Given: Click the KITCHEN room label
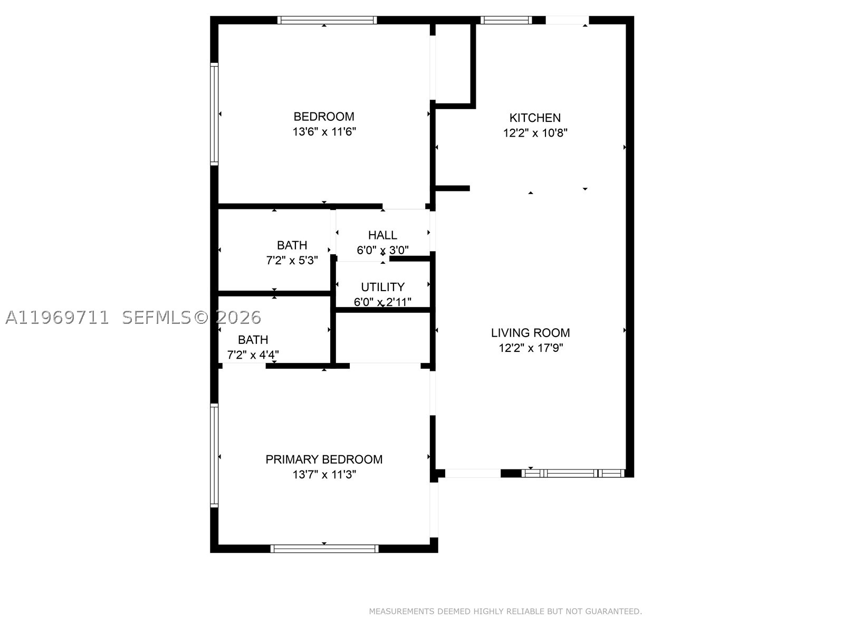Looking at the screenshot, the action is [535, 118].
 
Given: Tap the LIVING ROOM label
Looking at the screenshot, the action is [530, 333].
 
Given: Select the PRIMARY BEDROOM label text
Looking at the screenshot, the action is [324, 459].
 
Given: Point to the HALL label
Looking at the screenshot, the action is [382, 235].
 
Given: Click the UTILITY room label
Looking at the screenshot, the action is [382, 287].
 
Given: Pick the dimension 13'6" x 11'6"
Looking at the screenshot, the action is [324, 132].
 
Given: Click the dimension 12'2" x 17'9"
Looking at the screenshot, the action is [531, 348].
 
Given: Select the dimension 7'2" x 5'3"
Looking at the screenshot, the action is [292, 261].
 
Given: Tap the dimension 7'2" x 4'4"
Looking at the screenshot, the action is [253, 354].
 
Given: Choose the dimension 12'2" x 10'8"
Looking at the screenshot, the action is [535, 133].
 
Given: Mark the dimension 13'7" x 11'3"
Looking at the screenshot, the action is [324, 475].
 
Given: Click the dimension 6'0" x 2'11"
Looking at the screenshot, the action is [382, 302].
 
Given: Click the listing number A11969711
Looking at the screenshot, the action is [57, 318].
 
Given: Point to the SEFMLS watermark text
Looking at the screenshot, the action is [157, 318].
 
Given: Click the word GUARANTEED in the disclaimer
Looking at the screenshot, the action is [613, 611].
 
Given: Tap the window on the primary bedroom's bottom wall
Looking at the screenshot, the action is [324, 549].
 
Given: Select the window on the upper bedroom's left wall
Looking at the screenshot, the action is [214, 114].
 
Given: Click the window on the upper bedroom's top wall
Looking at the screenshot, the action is [327, 20].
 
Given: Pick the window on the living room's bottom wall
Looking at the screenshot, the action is [573, 474].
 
